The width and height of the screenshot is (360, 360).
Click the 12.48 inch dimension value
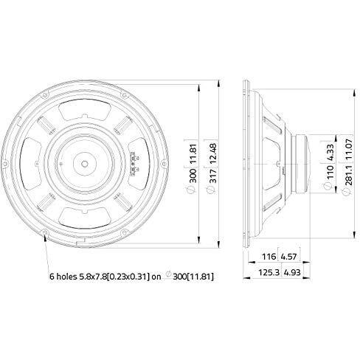(x=213, y=153)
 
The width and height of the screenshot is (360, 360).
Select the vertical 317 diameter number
(x=213, y=176)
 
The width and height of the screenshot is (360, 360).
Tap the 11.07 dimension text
(x=349, y=149)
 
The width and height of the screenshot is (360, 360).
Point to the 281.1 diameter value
(x=349, y=175)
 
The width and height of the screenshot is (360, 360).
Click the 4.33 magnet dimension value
(x=330, y=152)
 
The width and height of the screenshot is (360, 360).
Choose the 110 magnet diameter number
(x=330, y=172)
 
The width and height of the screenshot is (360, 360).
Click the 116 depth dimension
(x=269, y=257)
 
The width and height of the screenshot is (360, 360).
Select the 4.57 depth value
(x=289, y=257)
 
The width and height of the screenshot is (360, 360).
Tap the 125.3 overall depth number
(x=269, y=272)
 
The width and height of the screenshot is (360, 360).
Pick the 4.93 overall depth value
(x=292, y=272)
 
